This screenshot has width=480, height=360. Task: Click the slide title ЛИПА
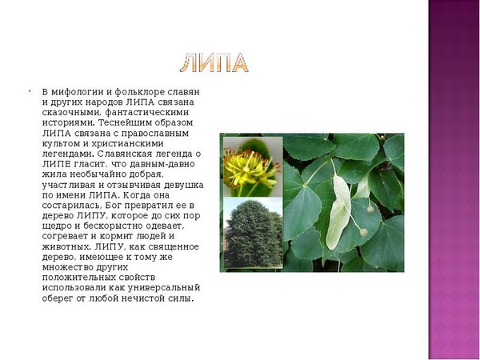[214, 63]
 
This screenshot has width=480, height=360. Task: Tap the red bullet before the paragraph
[30, 91]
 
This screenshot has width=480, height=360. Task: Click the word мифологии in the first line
[76, 92]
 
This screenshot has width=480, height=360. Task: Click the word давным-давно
[162, 164]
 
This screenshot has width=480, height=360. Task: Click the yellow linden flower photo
[253, 167]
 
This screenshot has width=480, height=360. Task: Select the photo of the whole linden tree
[253, 233]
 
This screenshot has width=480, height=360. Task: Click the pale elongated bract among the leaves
[338, 211]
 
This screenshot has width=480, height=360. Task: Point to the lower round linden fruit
[364, 232]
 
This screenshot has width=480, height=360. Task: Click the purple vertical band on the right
[454, 180]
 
